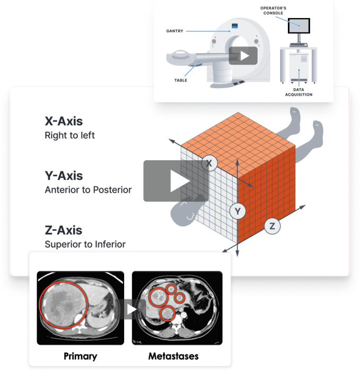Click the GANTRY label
point(175,31)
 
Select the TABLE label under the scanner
point(181,81)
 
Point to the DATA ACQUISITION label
point(298,92)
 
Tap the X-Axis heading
point(64,121)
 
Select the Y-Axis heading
point(64,176)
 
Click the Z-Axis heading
point(64,230)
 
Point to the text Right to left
point(70,135)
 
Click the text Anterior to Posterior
point(88,189)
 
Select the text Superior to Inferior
point(85,244)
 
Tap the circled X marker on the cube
point(209,164)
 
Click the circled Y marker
point(238,212)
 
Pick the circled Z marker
point(272,226)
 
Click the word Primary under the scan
point(80,356)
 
